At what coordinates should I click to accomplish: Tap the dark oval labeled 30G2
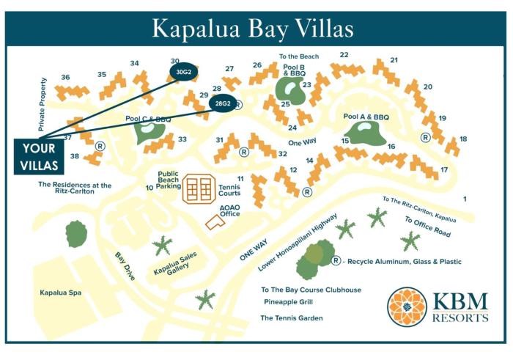pos(183,71)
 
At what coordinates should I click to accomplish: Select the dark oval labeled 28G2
pos(221,104)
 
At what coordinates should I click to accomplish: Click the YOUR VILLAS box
pos(33,155)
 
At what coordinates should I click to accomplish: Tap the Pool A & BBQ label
pos(366,117)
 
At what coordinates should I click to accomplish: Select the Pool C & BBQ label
pos(148,119)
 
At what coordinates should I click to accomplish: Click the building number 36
pos(65,77)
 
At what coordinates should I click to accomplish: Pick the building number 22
pos(344,55)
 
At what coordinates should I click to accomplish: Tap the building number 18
pos(462,139)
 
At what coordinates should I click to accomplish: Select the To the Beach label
pos(298,56)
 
